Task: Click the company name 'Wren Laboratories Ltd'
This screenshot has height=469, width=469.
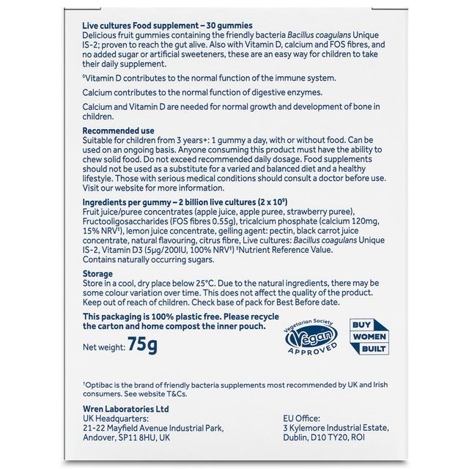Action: click(x=127, y=409)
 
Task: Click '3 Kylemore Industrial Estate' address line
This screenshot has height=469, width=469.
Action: click(x=336, y=428)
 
